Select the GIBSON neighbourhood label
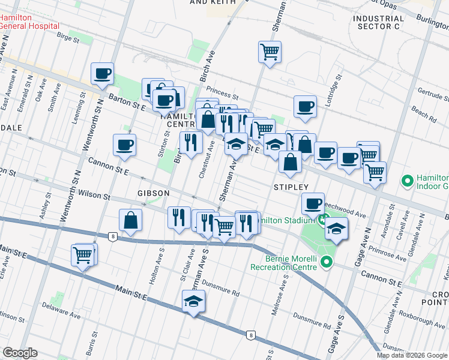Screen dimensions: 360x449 [154, 193]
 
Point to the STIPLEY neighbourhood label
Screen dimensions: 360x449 [291, 187]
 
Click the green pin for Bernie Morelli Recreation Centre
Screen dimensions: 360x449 [327, 262]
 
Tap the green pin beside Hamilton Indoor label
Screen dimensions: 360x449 [408, 179]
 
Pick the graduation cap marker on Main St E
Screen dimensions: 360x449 [193, 301]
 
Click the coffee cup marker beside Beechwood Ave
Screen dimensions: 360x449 [313, 203]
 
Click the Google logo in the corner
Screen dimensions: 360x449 [20, 353]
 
